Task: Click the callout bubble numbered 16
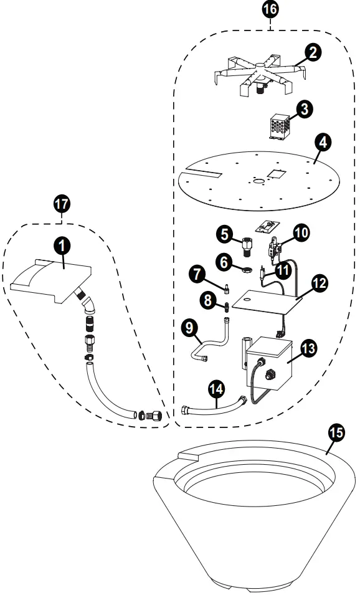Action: click(x=270, y=9)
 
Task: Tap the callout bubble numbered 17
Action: click(x=62, y=204)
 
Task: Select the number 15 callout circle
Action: click(x=337, y=432)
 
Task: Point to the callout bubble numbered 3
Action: click(x=305, y=109)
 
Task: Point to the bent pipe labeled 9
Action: click(x=211, y=341)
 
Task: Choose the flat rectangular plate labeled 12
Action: click(x=267, y=302)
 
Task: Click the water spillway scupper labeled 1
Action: click(x=51, y=282)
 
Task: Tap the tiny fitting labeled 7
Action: click(x=227, y=289)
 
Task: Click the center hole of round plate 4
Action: click(x=259, y=181)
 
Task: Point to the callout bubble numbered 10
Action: click(x=301, y=232)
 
